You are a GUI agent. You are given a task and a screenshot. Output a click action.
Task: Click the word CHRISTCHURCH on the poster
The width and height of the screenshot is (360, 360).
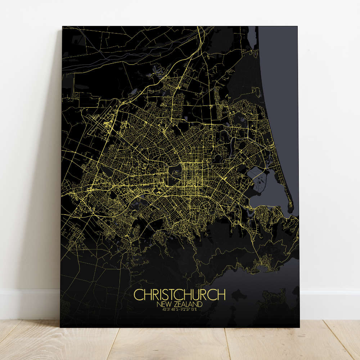point(180,294)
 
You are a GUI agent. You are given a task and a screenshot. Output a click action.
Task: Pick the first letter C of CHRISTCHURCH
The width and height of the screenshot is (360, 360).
point(137,294)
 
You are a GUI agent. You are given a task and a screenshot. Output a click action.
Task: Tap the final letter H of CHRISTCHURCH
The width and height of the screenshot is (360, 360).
point(222,294)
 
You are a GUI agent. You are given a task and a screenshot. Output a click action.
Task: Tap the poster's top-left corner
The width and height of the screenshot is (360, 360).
point(63,27)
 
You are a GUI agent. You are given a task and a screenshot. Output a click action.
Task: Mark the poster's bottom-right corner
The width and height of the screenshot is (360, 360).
point(298,327)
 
